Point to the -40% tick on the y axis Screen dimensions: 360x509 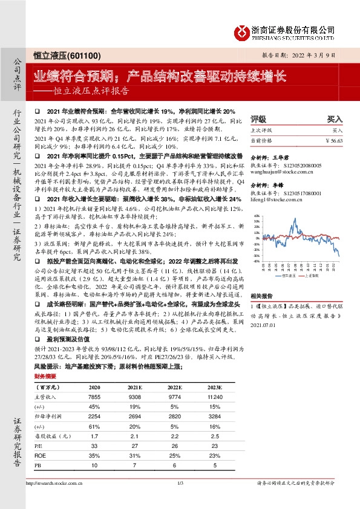pyautogui.click(x=257, y=262)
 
